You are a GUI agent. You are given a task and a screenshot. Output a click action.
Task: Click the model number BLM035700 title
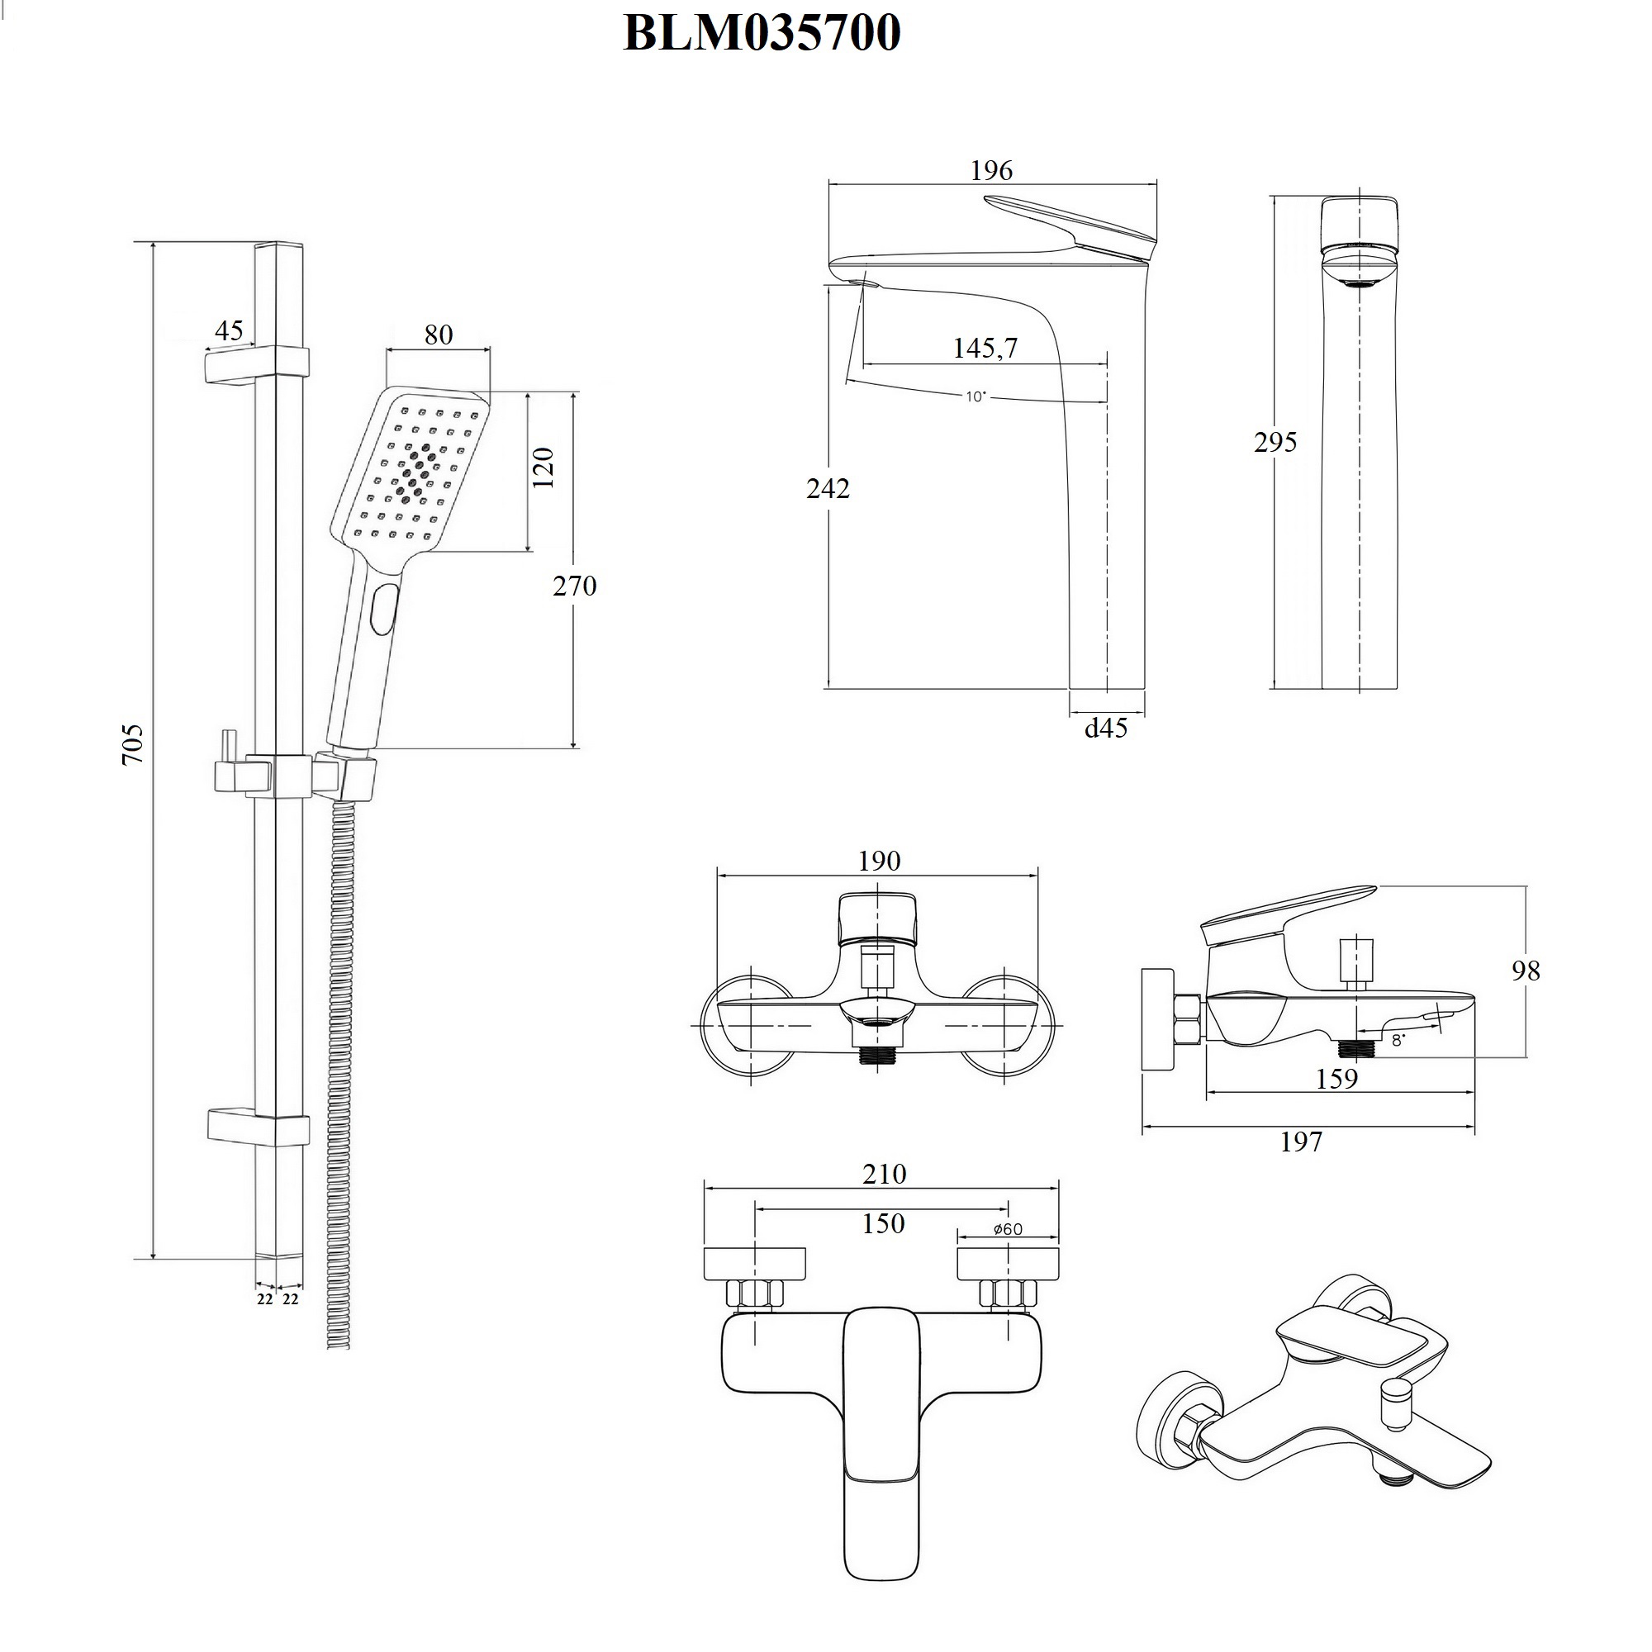761,33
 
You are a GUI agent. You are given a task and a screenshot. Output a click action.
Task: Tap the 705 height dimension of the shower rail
132,744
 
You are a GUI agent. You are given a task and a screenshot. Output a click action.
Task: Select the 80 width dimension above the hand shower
439,335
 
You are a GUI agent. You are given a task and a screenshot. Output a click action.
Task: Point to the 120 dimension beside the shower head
544,468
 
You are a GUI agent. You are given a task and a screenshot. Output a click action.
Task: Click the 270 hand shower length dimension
574,586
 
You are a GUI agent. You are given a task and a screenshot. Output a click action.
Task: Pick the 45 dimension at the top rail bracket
228,330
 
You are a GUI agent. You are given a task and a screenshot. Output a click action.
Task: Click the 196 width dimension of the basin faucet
991,170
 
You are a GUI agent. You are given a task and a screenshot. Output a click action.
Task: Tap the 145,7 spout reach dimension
985,348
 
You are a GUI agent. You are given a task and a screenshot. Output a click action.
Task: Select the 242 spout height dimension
828,488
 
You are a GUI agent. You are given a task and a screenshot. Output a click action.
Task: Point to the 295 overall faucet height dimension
1275,442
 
